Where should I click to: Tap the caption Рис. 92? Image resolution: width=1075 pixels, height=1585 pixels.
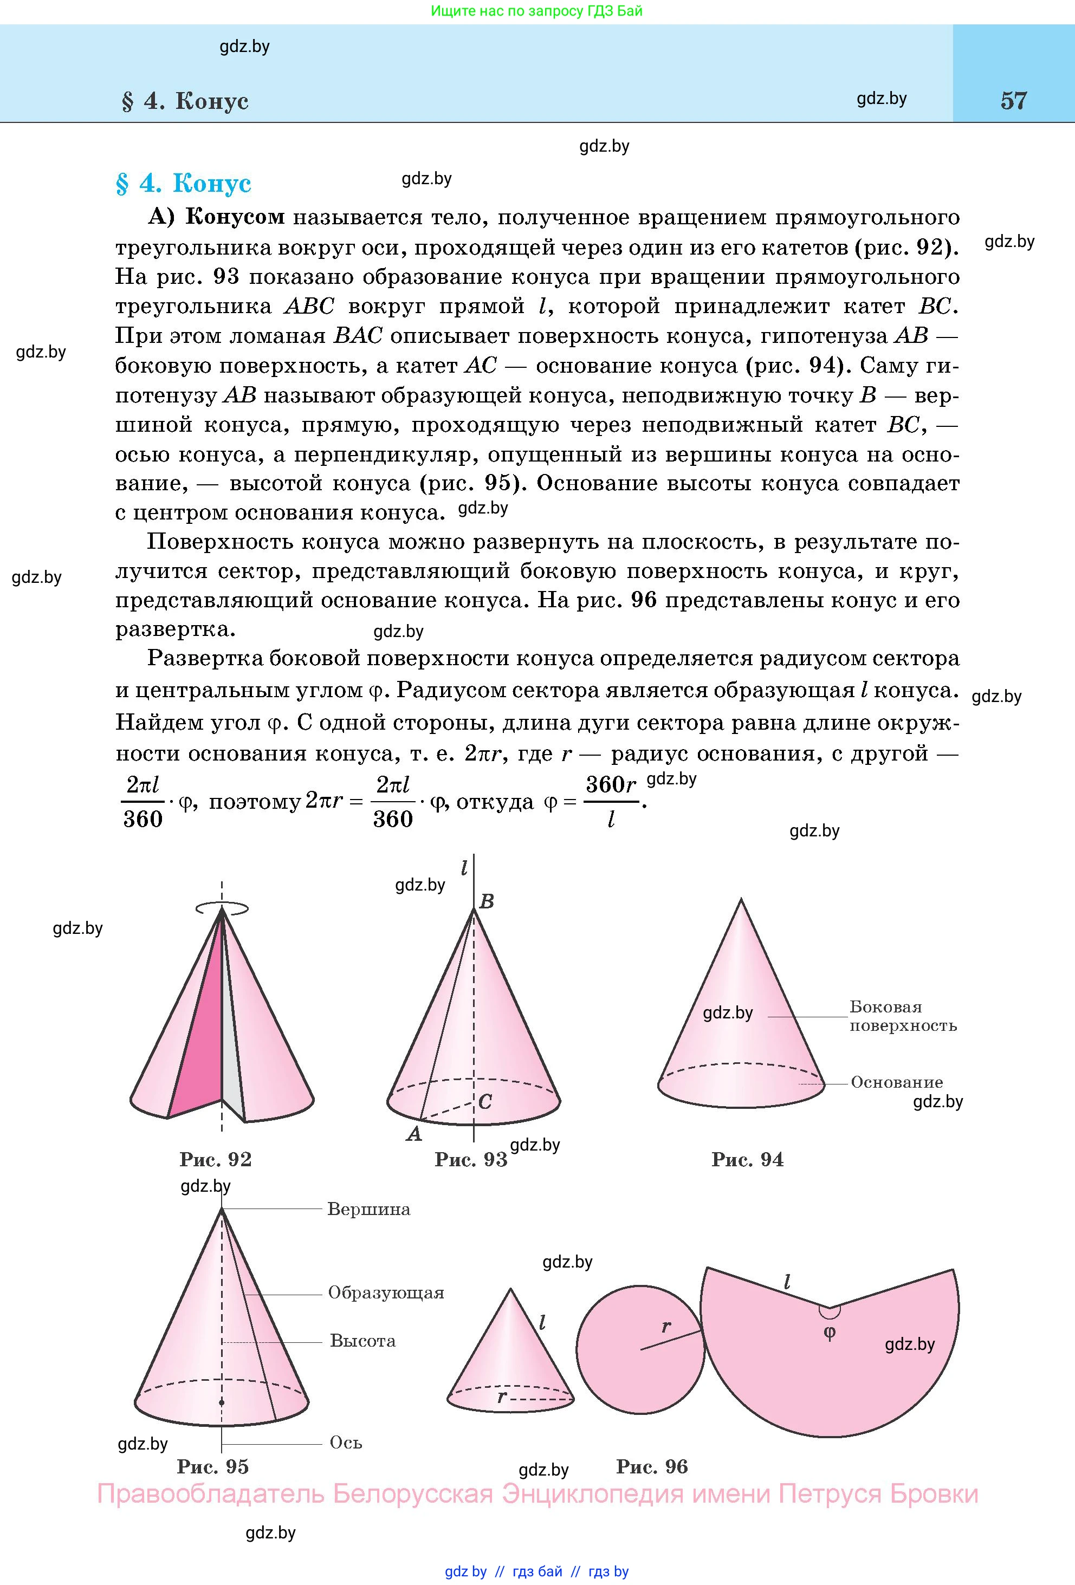click(216, 1159)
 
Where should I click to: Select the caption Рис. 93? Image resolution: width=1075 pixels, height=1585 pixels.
click(471, 1159)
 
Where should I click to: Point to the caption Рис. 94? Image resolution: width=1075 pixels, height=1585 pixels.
click(748, 1159)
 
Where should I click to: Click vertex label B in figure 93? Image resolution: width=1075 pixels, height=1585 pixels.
click(487, 901)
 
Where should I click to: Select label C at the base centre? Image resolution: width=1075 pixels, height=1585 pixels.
click(485, 1101)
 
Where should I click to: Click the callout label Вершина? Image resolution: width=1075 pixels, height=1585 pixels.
click(369, 1209)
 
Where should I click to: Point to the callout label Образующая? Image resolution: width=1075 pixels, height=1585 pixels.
click(386, 1292)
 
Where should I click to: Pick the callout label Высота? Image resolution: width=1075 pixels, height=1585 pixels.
click(363, 1341)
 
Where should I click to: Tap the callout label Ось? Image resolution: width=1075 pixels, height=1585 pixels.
click(346, 1443)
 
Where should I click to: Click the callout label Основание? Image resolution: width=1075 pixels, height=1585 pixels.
click(897, 1082)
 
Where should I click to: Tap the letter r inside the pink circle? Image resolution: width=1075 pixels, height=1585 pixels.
click(666, 1327)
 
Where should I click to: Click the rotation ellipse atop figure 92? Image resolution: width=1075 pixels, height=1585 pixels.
click(222, 908)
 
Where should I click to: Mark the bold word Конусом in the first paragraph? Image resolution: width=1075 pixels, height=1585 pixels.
click(235, 217)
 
